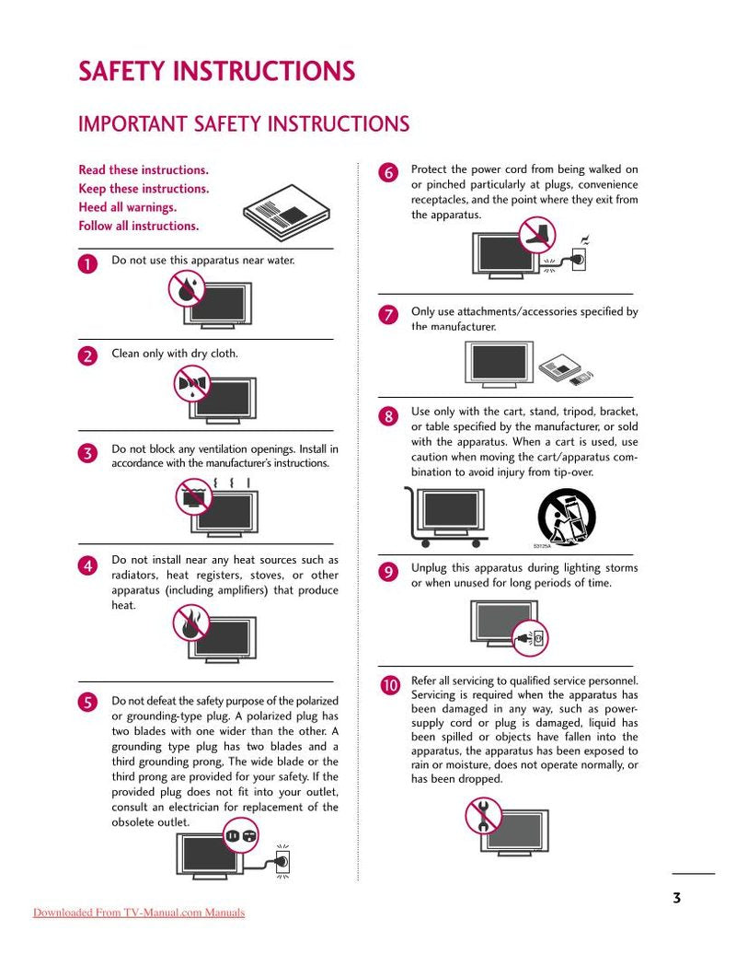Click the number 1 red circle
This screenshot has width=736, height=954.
87,263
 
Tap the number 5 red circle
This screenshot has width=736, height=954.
87,703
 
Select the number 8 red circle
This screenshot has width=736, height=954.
388,416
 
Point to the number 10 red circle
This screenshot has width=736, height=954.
389,685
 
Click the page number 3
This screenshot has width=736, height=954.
676,898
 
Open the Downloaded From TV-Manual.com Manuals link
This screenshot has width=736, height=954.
139,913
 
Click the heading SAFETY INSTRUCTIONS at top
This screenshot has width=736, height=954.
216,72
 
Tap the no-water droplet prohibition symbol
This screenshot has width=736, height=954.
187,289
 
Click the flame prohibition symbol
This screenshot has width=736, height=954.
191,623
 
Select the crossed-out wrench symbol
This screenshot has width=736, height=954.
483,815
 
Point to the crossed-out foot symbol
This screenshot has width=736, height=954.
537,235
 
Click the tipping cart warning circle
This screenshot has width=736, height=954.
566,516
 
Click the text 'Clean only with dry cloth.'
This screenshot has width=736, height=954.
175,354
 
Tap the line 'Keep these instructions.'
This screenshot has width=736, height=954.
144,189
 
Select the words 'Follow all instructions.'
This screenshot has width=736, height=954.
138,226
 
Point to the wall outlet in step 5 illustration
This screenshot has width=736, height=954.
283,861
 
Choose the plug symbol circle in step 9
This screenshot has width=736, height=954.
529,637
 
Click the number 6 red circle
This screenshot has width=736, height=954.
388,172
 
